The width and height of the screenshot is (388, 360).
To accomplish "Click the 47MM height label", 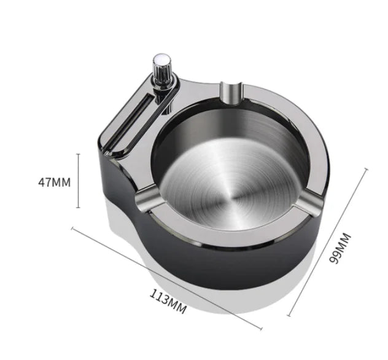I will (x=53, y=181).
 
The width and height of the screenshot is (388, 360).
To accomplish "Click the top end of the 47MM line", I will (x=78, y=154).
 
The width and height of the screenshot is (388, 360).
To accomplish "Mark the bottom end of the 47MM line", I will (x=78, y=208).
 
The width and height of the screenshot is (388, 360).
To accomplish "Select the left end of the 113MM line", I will (x=72, y=229).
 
